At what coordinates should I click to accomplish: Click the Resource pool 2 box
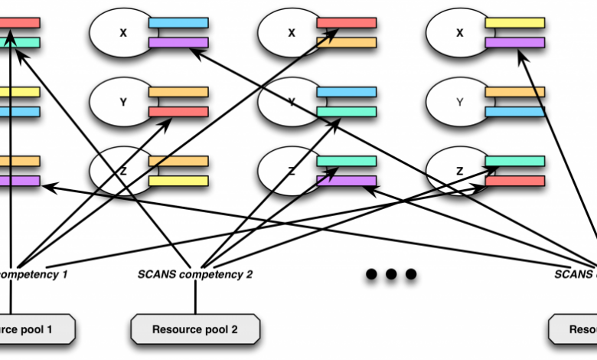click(x=195, y=329)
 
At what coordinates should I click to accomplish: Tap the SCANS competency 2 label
click(x=195, y=273)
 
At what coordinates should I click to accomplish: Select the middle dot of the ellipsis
click(x=391, y=273)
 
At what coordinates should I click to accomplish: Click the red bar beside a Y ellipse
click(x=178, y=112)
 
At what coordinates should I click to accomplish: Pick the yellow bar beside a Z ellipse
click(x=178, y=181)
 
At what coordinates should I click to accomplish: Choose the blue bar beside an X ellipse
click(x=178, y=23)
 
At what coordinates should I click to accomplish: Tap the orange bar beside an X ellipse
click(x=347, y=43)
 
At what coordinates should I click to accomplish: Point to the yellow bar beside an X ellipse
click(x=515, y=23)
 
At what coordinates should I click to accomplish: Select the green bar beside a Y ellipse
click(x=347, y=112)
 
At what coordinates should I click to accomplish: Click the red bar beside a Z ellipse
click(x=515, y=181)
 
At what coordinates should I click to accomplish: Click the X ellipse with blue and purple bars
click(x=122, y=32)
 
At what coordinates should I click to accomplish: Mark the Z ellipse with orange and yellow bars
click(x=122, y=171)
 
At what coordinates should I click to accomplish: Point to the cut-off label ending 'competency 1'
click(x=34, y=273)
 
